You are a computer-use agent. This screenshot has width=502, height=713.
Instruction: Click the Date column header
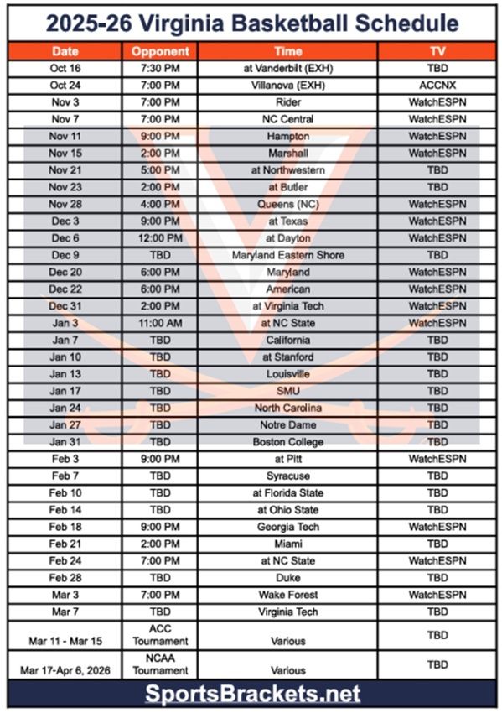[65, 51]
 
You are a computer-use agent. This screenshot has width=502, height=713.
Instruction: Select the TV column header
[437, 51]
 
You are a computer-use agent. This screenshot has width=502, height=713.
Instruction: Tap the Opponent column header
[160, 51]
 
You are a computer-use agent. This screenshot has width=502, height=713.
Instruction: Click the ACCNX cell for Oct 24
[437, 86]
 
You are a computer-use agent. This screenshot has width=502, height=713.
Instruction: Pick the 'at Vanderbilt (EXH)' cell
[287, 69]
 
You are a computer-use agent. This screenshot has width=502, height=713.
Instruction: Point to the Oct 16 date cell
[65, 69]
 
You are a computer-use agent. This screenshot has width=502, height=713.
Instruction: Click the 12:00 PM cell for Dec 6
[160, 238]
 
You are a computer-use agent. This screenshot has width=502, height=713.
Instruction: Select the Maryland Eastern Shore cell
[287, 255]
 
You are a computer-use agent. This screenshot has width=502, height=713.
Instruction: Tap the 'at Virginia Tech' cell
[287, 306]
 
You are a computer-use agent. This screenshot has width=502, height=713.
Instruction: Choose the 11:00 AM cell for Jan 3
[160, 323]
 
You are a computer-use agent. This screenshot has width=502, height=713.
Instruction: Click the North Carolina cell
[287, 408]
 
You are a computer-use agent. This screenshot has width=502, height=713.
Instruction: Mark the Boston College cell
[287, 442]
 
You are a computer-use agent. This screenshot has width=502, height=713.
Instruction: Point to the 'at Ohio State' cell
[287, 510]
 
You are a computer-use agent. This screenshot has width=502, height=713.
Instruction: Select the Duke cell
[287, 578]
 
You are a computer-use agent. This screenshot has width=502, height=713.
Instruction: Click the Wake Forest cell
[287, 595]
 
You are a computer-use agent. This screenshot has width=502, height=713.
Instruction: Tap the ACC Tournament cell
[160, 635]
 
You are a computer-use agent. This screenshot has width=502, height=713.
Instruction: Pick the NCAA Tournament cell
[160, 664]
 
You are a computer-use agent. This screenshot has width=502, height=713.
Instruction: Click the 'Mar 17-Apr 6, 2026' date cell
[65, 670]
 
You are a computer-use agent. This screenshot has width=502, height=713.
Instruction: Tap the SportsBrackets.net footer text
[251, 694]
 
